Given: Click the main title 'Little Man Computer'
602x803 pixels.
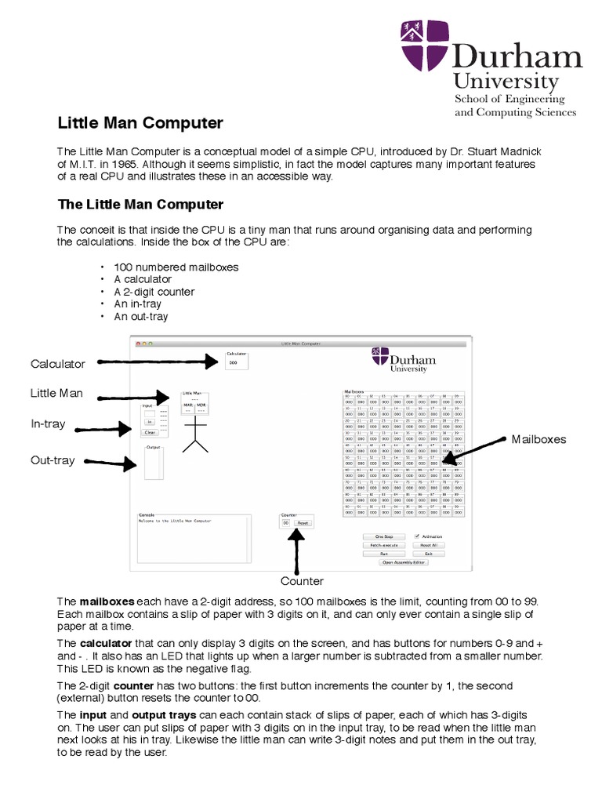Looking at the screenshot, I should (x=140, y=123).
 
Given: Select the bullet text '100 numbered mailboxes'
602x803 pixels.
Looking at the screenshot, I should (x=176, y=267).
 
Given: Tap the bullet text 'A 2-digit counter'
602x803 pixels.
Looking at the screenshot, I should (x=154, y=292).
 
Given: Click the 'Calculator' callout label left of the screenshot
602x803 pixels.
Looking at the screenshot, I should (x=58, y=364).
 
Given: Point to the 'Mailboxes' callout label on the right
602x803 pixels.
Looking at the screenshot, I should (x=539, y=439).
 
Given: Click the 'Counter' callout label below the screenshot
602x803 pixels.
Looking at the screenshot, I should (x=302, y=581).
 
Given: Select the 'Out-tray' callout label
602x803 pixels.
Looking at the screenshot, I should (x=53, y=460).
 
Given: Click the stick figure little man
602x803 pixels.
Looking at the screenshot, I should (x=195, y=435).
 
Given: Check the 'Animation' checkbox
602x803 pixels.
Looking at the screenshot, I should (x=418, y=536).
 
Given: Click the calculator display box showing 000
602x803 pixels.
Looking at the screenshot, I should (x=234, y=362).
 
